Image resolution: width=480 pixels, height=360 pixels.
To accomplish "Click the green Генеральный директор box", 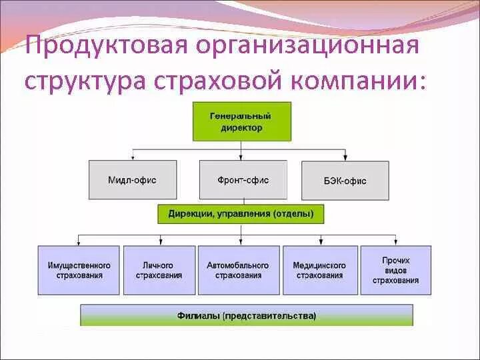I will [x=241, y=121].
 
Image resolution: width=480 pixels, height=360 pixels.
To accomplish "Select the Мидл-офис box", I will [x=133, y=180].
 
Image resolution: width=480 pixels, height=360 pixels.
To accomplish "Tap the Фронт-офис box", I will [x=243, y=180].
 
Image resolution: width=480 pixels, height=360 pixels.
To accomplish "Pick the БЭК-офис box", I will [x=345, y=180].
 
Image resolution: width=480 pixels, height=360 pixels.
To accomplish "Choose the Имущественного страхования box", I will [x=79, y=270].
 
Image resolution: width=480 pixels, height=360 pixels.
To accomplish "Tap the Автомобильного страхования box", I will [x=238, y=270].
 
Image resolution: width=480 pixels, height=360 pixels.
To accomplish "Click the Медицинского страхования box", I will [x=319, y=270].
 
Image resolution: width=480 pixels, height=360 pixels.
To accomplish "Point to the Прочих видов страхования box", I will [x=396, y=270].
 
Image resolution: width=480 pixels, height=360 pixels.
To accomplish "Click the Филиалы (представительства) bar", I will [x=247, y=315].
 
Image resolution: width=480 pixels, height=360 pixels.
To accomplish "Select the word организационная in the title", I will [x=307, y=48].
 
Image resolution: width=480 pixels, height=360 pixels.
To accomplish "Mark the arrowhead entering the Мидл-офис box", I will [x=133, y=157].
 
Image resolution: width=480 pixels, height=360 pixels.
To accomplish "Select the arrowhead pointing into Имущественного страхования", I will [x=79, y=243].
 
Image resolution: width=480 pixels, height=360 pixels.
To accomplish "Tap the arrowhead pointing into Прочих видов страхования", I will [x=398, y=243].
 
